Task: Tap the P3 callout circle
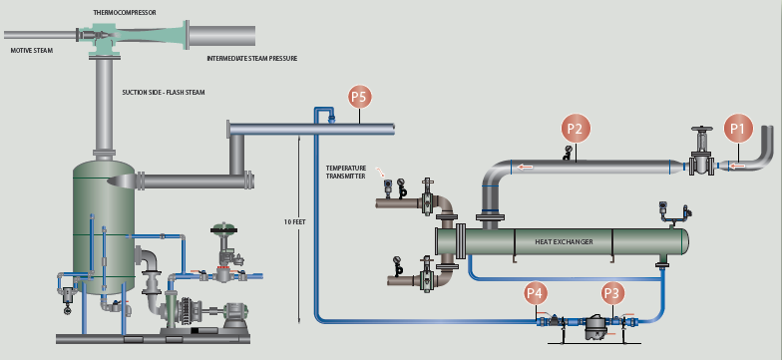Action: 611,293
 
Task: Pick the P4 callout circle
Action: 536,293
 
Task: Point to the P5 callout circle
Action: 359,97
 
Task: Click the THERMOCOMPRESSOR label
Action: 125,12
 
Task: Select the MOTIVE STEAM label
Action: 32,50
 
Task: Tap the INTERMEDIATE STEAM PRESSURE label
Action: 251,58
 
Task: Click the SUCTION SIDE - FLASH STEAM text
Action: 164,92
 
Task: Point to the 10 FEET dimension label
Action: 293,221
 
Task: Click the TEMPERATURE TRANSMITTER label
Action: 345,172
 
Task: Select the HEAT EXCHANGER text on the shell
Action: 565,241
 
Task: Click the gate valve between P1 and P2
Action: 702,152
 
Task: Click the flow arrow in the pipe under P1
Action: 738,166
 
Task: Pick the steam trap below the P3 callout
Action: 594,327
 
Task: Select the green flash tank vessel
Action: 104,227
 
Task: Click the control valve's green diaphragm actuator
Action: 223,230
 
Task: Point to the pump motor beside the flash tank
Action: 234,315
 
